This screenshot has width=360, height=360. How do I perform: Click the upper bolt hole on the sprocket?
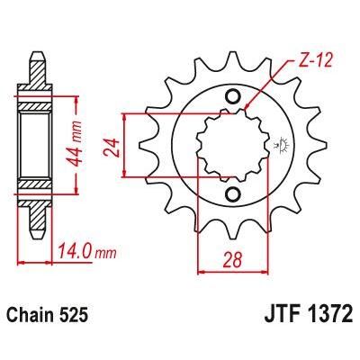[x=234, y=97]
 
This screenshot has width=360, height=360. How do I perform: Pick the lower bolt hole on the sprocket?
[x=234, y=194]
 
